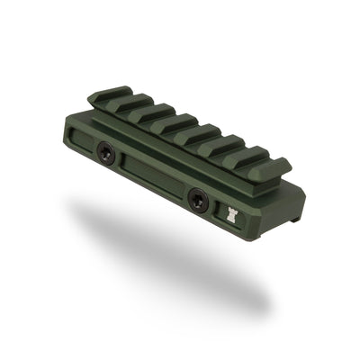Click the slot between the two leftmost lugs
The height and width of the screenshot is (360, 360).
[x=118, y=103]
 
